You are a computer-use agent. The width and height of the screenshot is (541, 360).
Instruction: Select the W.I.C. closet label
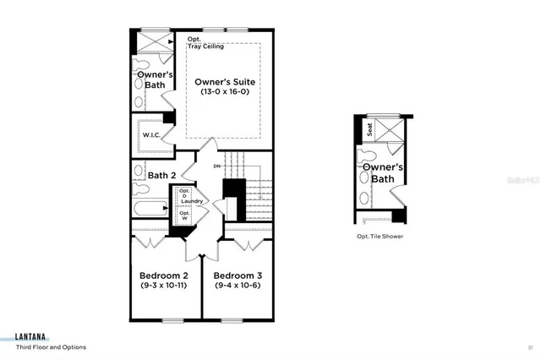tap(151, 134)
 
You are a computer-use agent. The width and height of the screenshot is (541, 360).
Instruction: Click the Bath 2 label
tap(161, 176)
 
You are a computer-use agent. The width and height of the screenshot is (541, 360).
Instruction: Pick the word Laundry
tap(190, 201)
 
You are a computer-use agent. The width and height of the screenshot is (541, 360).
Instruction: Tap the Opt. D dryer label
tap(184, 194)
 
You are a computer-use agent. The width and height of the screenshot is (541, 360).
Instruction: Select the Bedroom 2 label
tap(163, 276)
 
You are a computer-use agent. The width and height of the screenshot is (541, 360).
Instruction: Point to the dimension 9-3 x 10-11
tap(163, 286)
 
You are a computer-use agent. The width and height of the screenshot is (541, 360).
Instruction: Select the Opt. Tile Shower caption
tap(380, 237)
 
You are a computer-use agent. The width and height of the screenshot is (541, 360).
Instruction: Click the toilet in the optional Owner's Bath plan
tap(366, 160)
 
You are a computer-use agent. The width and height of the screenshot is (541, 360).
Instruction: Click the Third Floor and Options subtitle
tap(51, 346)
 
